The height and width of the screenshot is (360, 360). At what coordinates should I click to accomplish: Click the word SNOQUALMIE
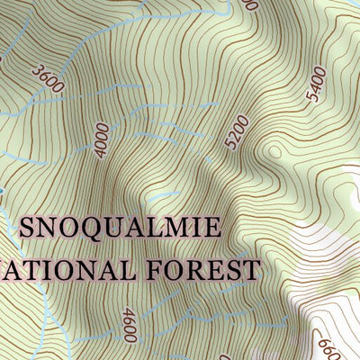(119, 227)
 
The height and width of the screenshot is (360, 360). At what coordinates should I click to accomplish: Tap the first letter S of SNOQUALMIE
(27, 227)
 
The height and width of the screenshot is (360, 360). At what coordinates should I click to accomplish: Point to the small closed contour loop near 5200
(274, 153)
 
